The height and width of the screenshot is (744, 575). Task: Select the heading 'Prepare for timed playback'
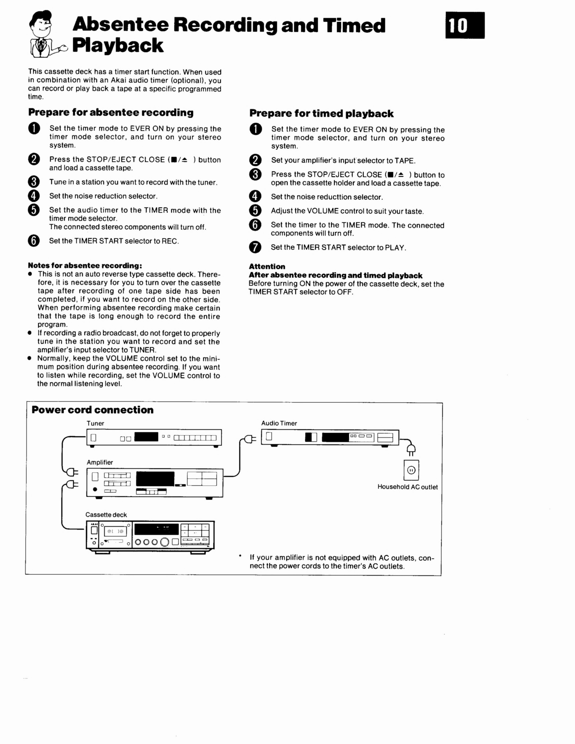pyautogui.click(x=321, y=113)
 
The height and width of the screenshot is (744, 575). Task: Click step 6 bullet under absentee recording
pyautogui.click(x=34, y=241)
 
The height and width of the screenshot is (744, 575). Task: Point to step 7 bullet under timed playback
pyautogui.click(x=255, y=247)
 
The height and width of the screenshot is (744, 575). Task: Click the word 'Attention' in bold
pyautogui.click(x=267, y=266)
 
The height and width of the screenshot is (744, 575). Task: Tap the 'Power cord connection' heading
pyautogui.click(x=92, y=410)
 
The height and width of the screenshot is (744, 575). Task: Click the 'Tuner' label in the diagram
pyautogui.click(x=95, y=423)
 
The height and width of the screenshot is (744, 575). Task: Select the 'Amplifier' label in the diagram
pyautogui.click(x=100, y=462)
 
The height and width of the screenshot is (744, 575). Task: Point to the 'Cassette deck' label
pyautogui.click(x=106, y=515)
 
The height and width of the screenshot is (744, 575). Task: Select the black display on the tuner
pyautogui.click(x=146, y=437)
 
